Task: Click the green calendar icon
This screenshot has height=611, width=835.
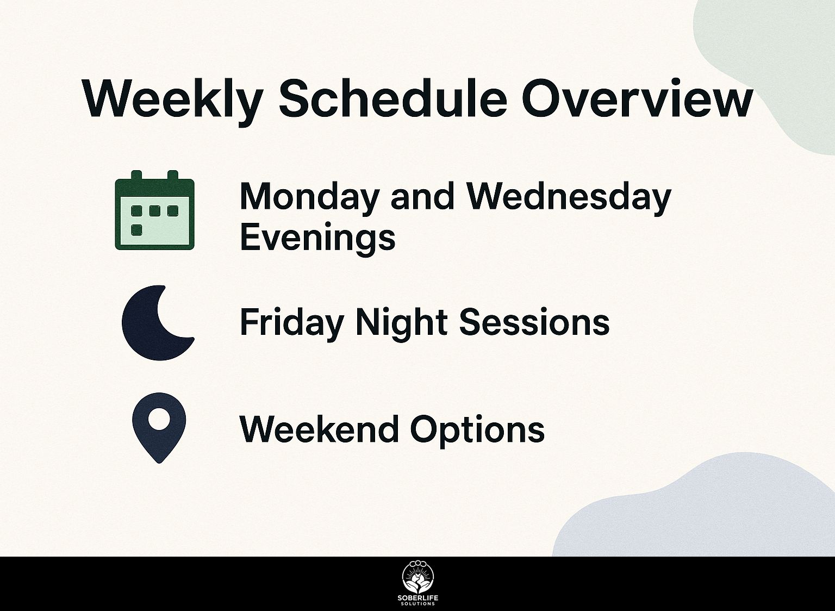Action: point(155,210)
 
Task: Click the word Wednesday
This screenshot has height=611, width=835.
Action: point(569,198)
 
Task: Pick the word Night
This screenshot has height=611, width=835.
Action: point(402,323)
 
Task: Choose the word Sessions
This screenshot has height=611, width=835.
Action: point(534,321)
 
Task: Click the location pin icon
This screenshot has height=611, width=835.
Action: point(159,428)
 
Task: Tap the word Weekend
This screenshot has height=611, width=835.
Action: point(319,429)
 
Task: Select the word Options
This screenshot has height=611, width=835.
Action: point(477,430)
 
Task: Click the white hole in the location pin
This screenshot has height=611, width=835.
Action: point(159,419)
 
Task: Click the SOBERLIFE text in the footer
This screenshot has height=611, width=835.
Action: point(418,598)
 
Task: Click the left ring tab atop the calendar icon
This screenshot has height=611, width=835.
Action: point(137,176)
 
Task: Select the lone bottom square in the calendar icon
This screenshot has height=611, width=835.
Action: point(137,229)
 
